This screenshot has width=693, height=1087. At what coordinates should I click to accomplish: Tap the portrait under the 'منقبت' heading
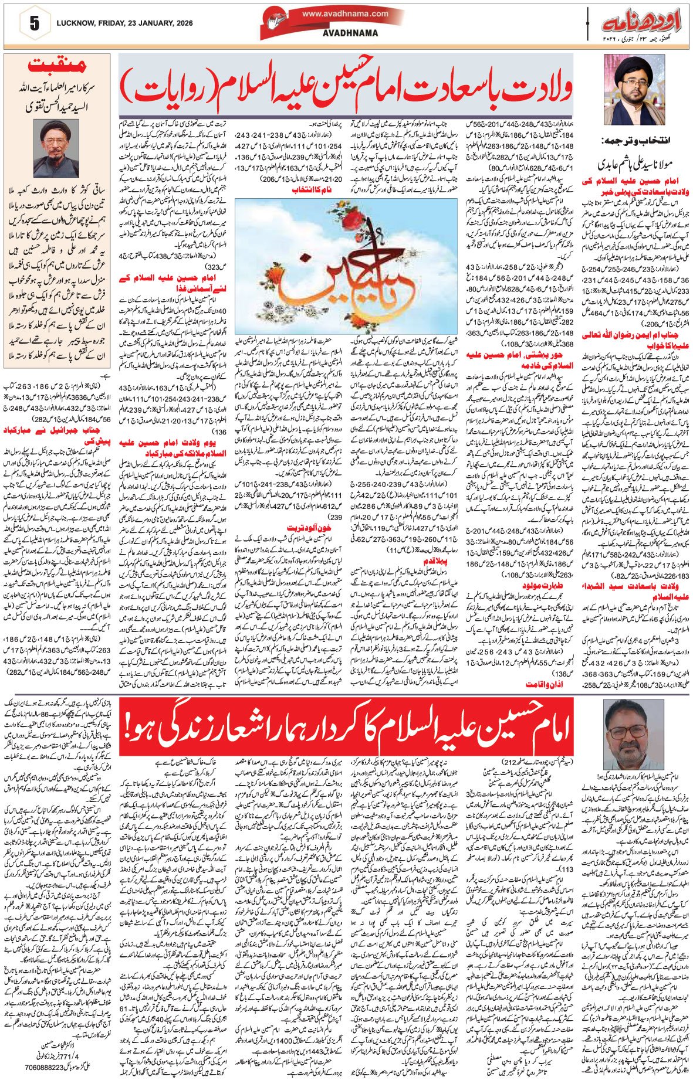[x=56, y=148]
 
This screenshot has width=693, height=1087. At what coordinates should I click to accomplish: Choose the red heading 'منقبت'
[x=57, y=65]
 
